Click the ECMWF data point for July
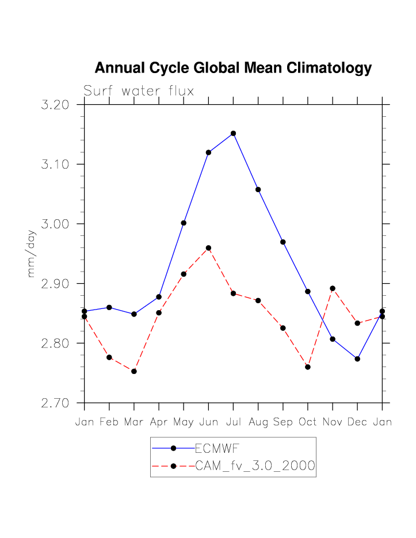pos(233,133)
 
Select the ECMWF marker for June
pos(208,152)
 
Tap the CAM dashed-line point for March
pos(134,371)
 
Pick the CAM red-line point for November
pos(333,288)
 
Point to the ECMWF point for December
pos(357,358)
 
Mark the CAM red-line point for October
pos(308,367)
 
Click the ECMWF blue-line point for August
pos(258,189)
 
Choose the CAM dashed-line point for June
pos(208,248)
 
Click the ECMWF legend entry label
pos(217,448)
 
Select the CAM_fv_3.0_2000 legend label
pos(255,466)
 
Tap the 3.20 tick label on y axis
pos(56,105)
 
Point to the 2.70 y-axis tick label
pos(56,403)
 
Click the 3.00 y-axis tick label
pos(56,224)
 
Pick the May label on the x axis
pos(184,422)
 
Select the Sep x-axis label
pos(283,422)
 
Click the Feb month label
pos(109,422)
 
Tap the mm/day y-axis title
pos(32,253)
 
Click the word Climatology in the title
pos(323,68)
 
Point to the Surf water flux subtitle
pos(139,91)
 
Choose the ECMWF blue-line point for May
pos(184,223)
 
